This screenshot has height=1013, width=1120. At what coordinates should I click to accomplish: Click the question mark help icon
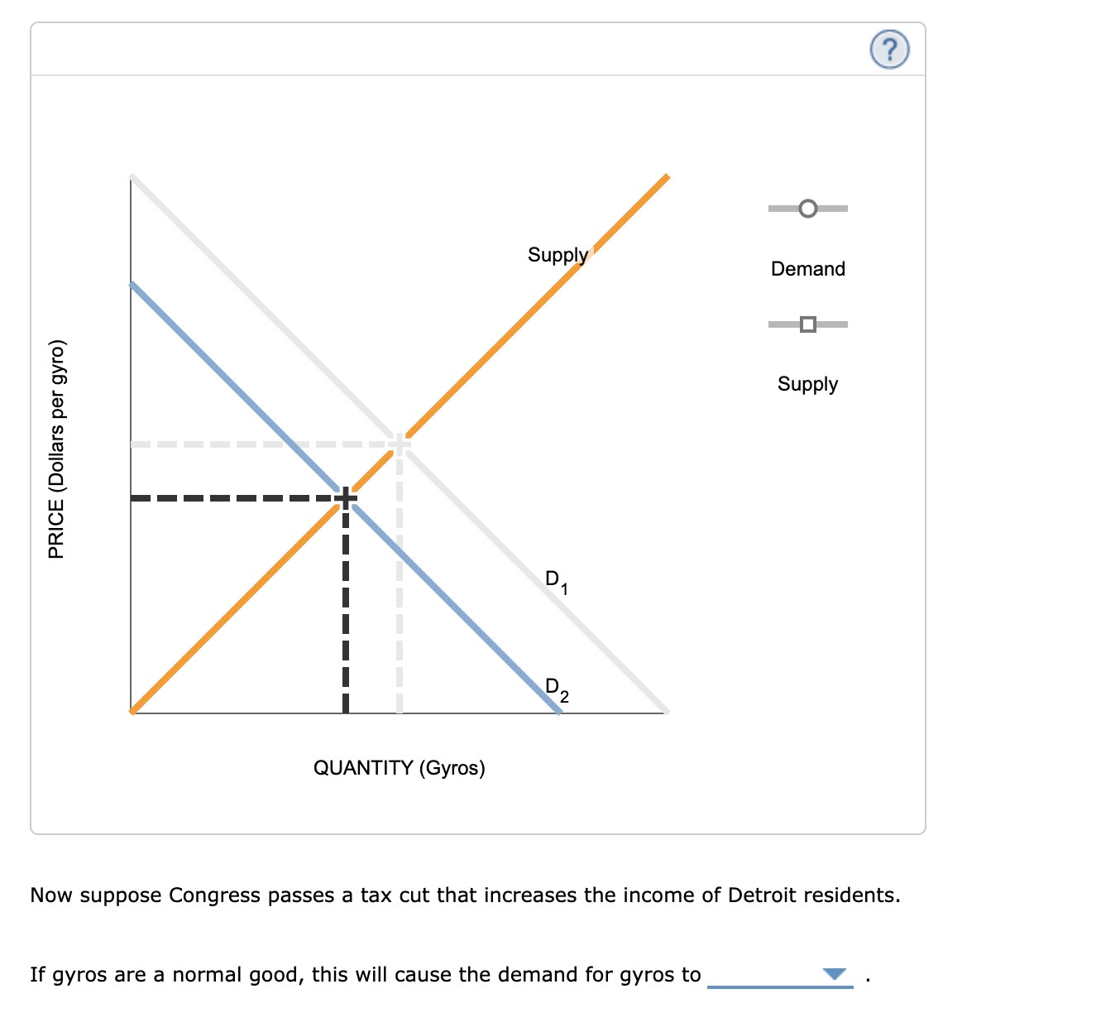tap(889, 50)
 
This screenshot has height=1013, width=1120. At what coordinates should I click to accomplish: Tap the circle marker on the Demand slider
tap(808, 209)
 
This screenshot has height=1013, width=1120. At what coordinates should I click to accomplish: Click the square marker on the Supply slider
tap(808, 324)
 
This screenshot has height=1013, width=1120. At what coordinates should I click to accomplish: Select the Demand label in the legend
tap(807, 269)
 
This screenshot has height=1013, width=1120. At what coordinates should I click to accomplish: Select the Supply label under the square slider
tap(807, 384)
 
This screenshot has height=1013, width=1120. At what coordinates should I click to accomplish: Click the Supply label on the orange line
tap(558, 255)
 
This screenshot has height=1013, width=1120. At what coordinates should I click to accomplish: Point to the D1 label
tap(556, 582)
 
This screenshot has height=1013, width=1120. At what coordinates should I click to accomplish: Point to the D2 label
tap(557, 689)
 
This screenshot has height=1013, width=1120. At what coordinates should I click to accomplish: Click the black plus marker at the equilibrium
tap(346, 498)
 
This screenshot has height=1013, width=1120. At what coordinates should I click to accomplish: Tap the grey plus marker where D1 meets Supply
tap(400, 444)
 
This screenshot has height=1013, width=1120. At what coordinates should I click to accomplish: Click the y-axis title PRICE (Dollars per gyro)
tap(56, 449)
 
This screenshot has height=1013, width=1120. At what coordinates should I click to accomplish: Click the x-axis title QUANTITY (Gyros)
tap(399, 768)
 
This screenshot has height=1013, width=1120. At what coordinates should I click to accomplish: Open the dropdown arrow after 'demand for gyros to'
tap(835, 974)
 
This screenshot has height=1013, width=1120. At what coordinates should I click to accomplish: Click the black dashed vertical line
tap(346, 612)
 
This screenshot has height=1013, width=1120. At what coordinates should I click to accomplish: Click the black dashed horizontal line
tap(232, 498)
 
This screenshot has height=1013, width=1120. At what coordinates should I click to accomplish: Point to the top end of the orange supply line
tap(667, 177)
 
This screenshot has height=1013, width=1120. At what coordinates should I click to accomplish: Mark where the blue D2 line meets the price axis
tap(132, 284)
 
